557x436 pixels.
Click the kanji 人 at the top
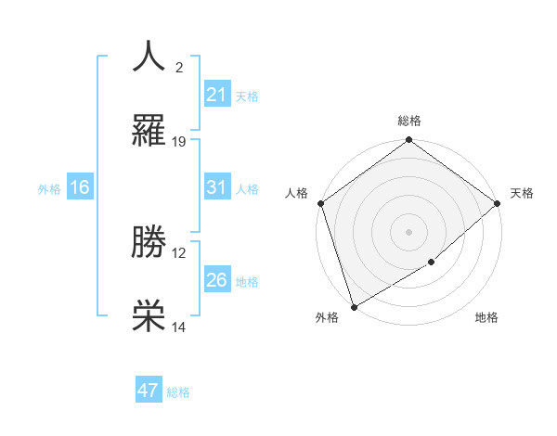[149, 57]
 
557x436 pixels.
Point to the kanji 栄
[149, 317]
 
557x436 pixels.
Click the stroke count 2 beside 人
[179, 68]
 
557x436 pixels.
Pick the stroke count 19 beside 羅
[179, 142]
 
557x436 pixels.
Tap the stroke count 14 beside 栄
[179, 327]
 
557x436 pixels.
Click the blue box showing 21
[217, 95]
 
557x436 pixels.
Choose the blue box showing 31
[217, 187]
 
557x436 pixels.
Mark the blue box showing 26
[217, 280]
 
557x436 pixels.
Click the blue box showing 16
[80, 187]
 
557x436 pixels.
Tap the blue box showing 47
[149, 391]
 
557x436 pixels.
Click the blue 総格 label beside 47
[178, 392]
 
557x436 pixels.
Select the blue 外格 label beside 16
[49, 189]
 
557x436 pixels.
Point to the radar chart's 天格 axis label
[522, 193]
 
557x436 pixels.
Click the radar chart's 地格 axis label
[486, 318]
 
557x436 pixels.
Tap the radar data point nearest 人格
[319, 203]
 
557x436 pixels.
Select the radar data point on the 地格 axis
[432, 263]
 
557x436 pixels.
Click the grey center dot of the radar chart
[408, 232]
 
